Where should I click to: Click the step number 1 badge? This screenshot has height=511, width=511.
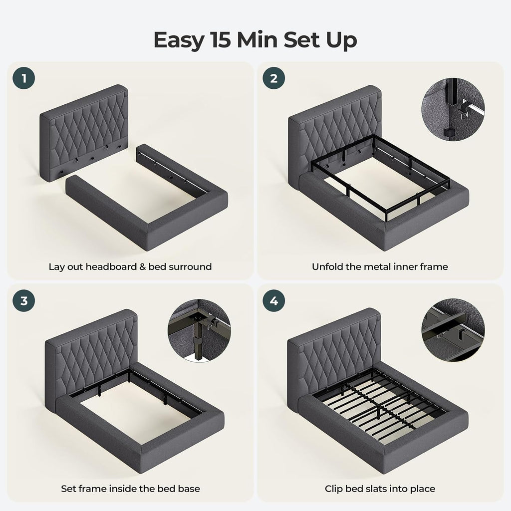[x=24, y=78]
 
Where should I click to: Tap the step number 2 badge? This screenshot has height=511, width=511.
[x=274, y=78]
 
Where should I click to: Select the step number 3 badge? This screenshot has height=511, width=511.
[x=24, y=300]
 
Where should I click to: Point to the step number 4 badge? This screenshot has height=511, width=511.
[x=274, y=300]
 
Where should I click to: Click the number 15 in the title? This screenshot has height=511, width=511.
[x=220, y=40]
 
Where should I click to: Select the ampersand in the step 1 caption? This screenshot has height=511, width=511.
[x=142, y=267]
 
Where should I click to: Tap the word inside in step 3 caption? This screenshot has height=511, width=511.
[x=123, y=489]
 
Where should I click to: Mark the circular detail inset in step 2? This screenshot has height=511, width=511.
[x=453, y=109]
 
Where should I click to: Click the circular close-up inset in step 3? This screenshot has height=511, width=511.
[x=200, y=331]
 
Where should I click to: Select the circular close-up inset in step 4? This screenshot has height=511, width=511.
[x=453, y=329]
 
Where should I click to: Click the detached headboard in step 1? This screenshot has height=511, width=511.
[x=84, y=133]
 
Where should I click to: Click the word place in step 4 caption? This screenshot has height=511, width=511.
[x=422, y=490]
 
